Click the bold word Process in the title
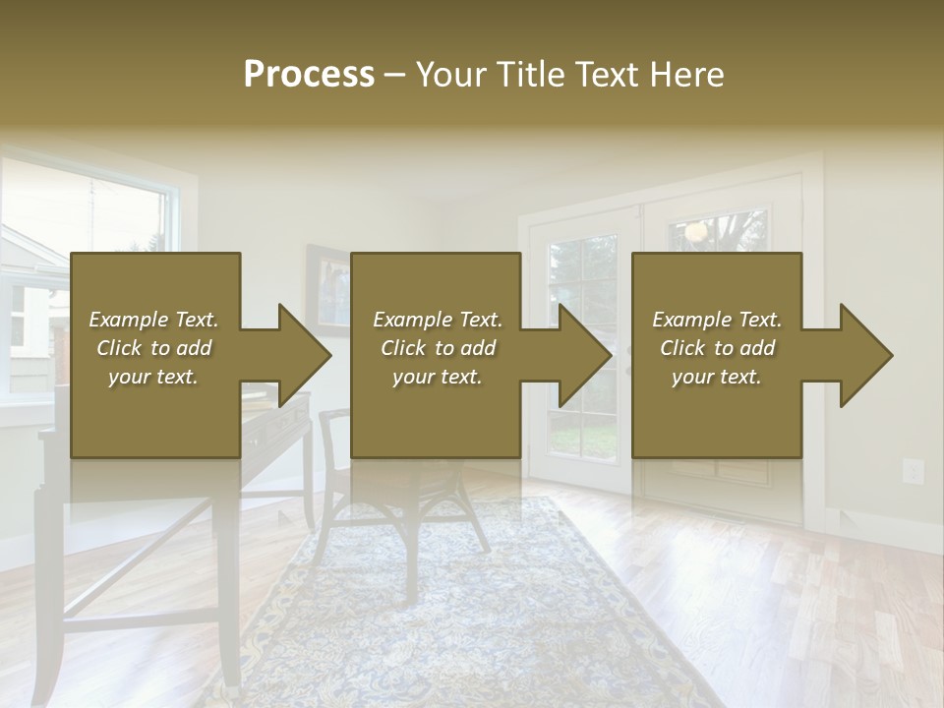(x=309, y=75)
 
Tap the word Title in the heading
(x=532, y=75)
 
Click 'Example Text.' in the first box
(x=154, y=320)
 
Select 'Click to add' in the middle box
(x=438, y=348)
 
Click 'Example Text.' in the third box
(x=717, y=320)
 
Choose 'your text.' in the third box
(x=717, y=377)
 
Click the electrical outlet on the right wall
(x=913, y=471)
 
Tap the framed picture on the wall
(x=327, y=285)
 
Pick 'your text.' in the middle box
(x=438, y=377)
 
